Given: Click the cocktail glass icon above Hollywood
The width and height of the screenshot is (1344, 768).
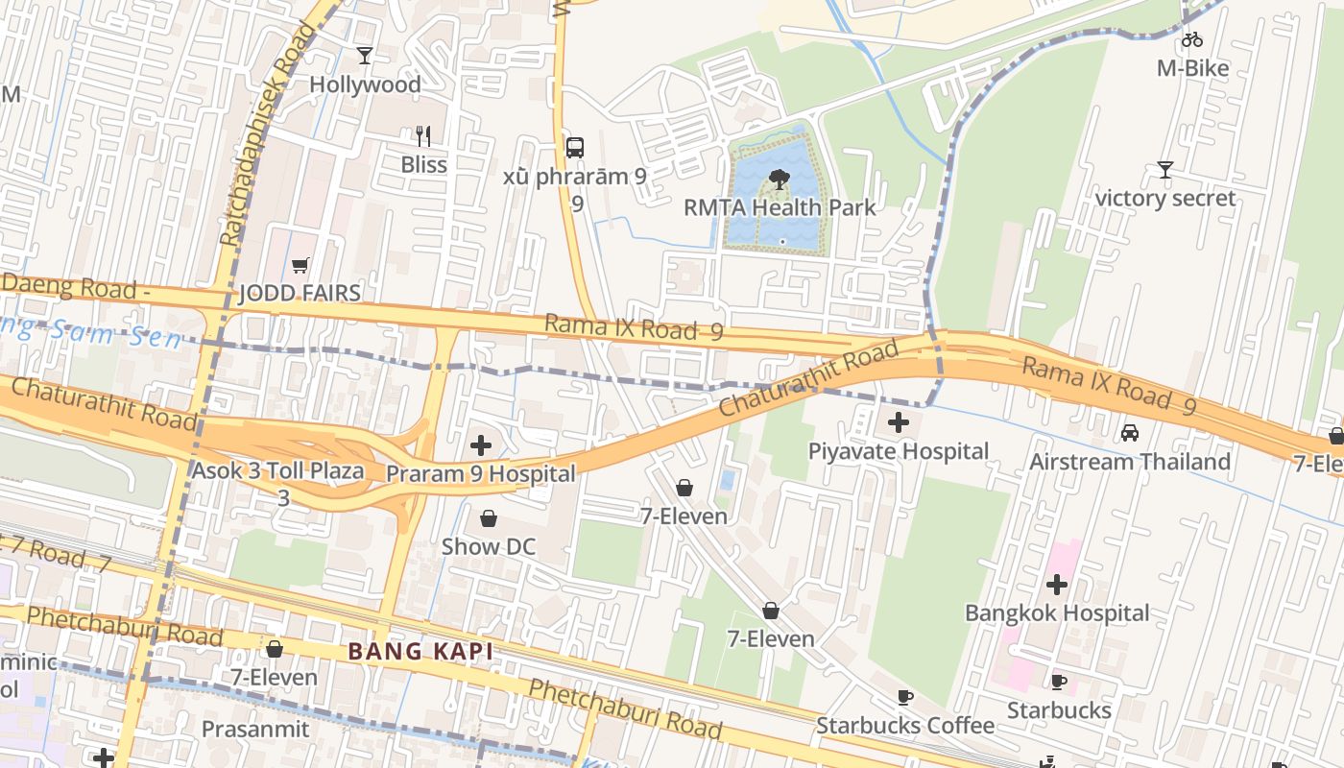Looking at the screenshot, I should point(365,56).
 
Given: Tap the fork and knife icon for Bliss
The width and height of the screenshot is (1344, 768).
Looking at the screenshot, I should point(423,135).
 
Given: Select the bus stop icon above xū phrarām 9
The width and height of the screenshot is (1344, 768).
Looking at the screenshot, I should point(575,148).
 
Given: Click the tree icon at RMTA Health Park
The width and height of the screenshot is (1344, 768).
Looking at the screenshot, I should point(780,178).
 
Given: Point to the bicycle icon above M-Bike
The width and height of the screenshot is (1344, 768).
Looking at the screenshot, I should point(1192,39).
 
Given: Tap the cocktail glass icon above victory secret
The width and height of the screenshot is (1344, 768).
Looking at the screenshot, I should point(1165,170).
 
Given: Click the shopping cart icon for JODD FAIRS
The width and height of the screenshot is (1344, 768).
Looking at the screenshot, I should point(300,265).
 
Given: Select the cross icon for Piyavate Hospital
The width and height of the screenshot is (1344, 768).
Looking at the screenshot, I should point(899,422).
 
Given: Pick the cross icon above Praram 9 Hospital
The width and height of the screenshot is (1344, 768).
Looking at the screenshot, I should point(481,445).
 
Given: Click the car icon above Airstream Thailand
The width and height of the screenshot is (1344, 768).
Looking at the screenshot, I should point(1130,433).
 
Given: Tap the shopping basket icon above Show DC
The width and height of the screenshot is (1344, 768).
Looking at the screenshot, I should point(489,519).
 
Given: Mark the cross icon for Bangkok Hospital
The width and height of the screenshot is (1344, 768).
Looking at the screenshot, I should point(1057,585).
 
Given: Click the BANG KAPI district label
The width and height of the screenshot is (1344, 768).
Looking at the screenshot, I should point(420,652).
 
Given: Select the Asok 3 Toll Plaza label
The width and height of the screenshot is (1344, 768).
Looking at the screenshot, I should point(277,471).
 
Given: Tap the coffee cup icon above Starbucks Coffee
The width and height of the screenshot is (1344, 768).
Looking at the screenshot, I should point(904,697).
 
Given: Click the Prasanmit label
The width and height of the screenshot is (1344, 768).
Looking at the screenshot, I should point(255,729).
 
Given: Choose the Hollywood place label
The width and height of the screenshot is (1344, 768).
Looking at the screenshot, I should point(365,84).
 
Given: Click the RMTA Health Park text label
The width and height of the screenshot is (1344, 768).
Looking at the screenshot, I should point(780,207).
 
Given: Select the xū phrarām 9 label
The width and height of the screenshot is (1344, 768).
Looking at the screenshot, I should point(575,177).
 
